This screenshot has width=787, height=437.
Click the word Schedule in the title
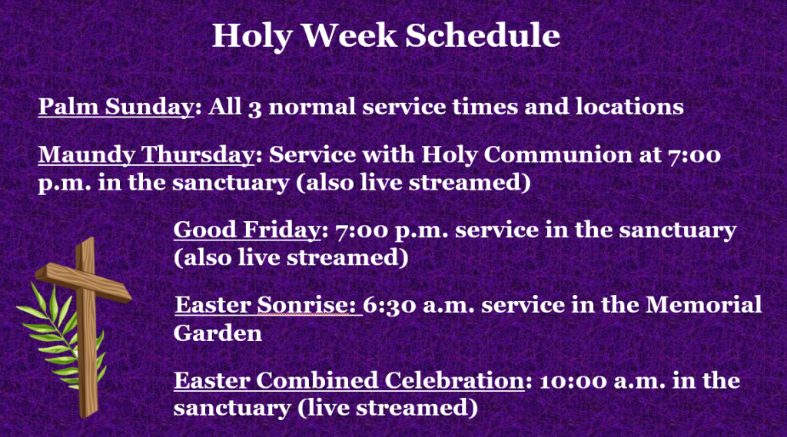click(x=483, y=35)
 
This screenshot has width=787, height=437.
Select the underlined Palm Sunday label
click(x=116, y=107)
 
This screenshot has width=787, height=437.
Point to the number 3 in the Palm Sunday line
click(x=254, y=108)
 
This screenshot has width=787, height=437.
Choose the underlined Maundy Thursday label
click(x=147, y=155)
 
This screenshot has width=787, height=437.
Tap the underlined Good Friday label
click(x=247, y=230)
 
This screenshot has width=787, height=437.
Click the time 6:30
click(x=390, y=306)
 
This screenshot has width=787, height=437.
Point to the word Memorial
click(x=703, y=305)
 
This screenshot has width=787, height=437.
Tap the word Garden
click(x=218, y=333)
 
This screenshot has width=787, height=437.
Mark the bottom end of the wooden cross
click(x=89, y=415)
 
